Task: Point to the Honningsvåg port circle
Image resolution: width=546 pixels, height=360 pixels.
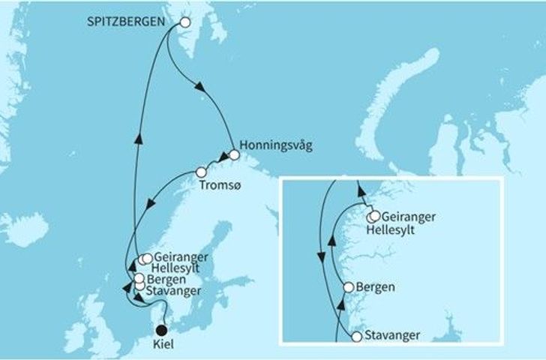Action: pos(235,155)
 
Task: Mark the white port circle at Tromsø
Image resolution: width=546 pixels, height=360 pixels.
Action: pos(200,172)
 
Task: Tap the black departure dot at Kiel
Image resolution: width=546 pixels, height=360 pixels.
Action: pos(160,328)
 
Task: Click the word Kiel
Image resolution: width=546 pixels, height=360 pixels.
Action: pos(160,346)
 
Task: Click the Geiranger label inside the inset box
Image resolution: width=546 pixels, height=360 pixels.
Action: pos(405,217)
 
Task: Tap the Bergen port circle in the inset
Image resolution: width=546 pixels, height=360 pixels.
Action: pos(348,287)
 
